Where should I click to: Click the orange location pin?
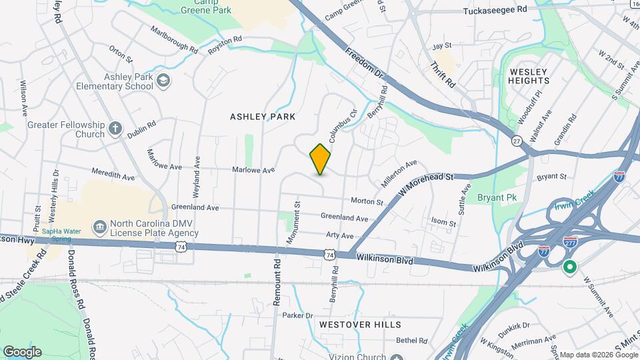click(321, 159)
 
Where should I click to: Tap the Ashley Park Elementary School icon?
click(163, 81)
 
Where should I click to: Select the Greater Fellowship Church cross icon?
click(115, 128)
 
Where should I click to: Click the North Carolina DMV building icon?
click(99, 228)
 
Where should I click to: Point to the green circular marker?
click(569, 268)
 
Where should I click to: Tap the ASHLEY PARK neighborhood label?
click(263, 117)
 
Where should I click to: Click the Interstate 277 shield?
click(569, 242)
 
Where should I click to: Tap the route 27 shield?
click(517, 140)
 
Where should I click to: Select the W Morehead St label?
click(426, 185)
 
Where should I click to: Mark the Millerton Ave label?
click(399, 173)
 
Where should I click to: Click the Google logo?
click(22, 351)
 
